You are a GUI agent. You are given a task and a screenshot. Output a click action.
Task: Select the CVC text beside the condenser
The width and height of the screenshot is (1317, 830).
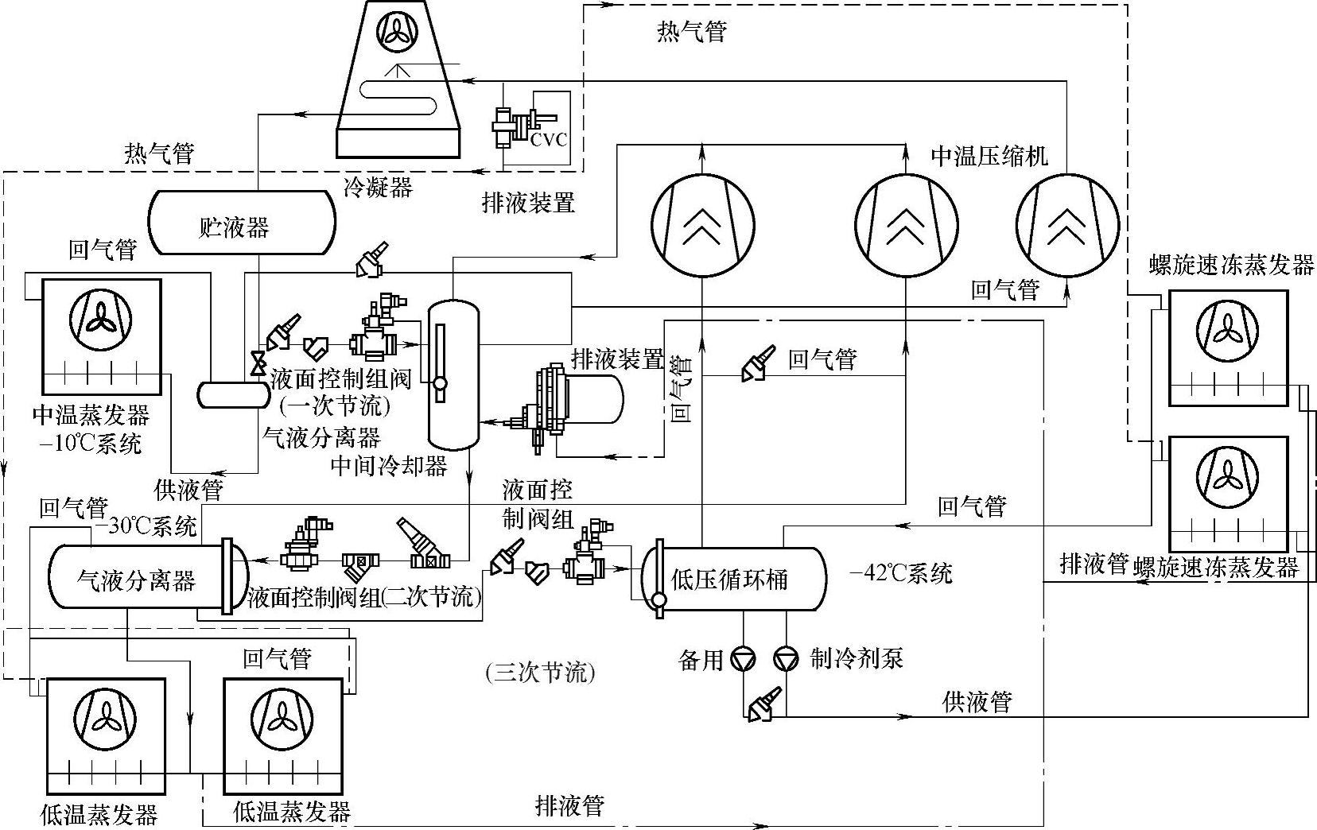coord(550,139)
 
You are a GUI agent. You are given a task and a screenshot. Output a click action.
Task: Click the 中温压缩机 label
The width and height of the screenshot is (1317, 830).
coord(989,155)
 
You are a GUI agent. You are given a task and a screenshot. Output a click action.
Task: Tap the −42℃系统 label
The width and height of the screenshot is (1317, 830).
coord(901,572)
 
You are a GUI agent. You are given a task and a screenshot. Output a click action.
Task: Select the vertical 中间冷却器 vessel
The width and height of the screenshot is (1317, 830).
coord(453,374)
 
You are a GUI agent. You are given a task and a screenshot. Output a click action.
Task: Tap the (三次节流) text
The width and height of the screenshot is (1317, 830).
coord(540,673)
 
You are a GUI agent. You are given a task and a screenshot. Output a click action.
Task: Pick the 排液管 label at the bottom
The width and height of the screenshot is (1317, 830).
coord(569,806)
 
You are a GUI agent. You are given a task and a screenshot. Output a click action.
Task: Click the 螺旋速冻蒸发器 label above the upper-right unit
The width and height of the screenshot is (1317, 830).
coord(1231,265)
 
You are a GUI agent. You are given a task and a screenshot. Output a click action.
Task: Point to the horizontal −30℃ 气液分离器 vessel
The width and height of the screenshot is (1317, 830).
coord(137,579)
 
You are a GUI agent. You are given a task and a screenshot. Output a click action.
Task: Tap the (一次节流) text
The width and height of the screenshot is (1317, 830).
coord(335,406)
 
